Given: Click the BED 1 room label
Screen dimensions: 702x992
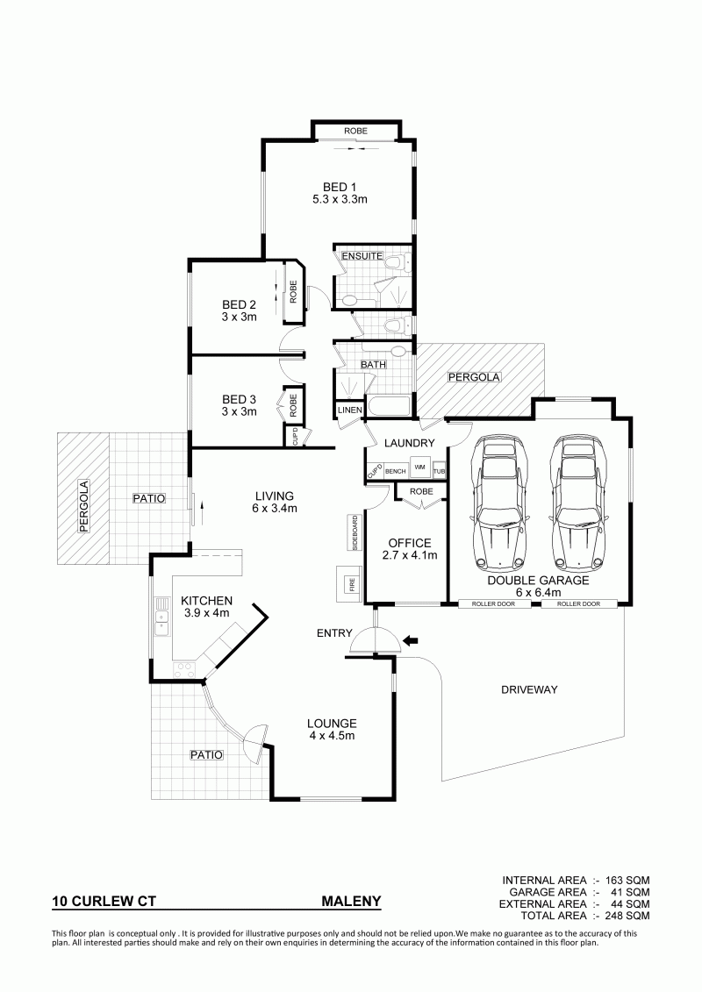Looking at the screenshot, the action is point(340,188).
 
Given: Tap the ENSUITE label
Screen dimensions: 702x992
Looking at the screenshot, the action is point(362,256).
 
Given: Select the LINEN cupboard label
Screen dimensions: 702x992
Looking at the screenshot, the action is point(350,410).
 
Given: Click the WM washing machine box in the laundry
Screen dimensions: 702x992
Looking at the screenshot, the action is point(419,467).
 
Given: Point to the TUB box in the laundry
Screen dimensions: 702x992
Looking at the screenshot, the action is point(439,471).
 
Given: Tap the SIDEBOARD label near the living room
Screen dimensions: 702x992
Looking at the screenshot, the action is point(355,532).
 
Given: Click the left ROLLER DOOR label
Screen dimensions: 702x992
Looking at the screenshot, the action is point(493,603).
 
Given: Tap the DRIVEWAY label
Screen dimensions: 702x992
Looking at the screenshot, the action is point(529,689).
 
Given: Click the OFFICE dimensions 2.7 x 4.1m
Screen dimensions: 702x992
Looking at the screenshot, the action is point(410,555).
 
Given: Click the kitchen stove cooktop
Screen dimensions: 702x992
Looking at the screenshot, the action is point(184,668).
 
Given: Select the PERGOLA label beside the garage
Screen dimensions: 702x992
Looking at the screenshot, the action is point(474,378).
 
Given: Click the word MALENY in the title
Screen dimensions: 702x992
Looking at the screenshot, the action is point(351,901).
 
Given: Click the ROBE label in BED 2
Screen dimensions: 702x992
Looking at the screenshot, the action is point(293,292).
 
